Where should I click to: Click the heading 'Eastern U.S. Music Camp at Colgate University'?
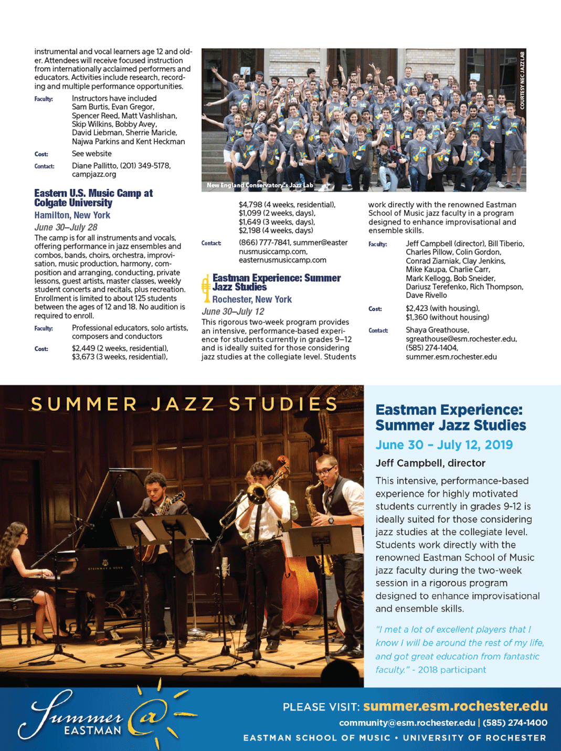[93, 198]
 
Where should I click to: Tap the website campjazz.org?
[94, 174]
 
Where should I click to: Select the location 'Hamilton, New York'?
[72, 215]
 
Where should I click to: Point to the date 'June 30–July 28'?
[66, 227]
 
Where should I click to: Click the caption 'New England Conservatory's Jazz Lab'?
[260, 185]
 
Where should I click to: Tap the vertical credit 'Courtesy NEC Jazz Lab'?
[522, 80]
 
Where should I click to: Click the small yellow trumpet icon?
[206, 288]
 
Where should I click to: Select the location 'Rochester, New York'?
[252, 299]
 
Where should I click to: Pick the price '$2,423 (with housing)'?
[442, 309]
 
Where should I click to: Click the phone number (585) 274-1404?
[431, 348]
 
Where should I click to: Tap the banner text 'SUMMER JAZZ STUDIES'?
[184, 404]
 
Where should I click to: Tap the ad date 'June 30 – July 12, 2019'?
[444, 445]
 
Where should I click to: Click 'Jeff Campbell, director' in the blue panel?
[430, 463]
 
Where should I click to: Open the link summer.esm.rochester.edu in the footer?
[455, 706]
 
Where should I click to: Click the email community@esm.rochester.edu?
[407, 723]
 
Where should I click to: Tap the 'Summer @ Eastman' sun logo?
[105, 716]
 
